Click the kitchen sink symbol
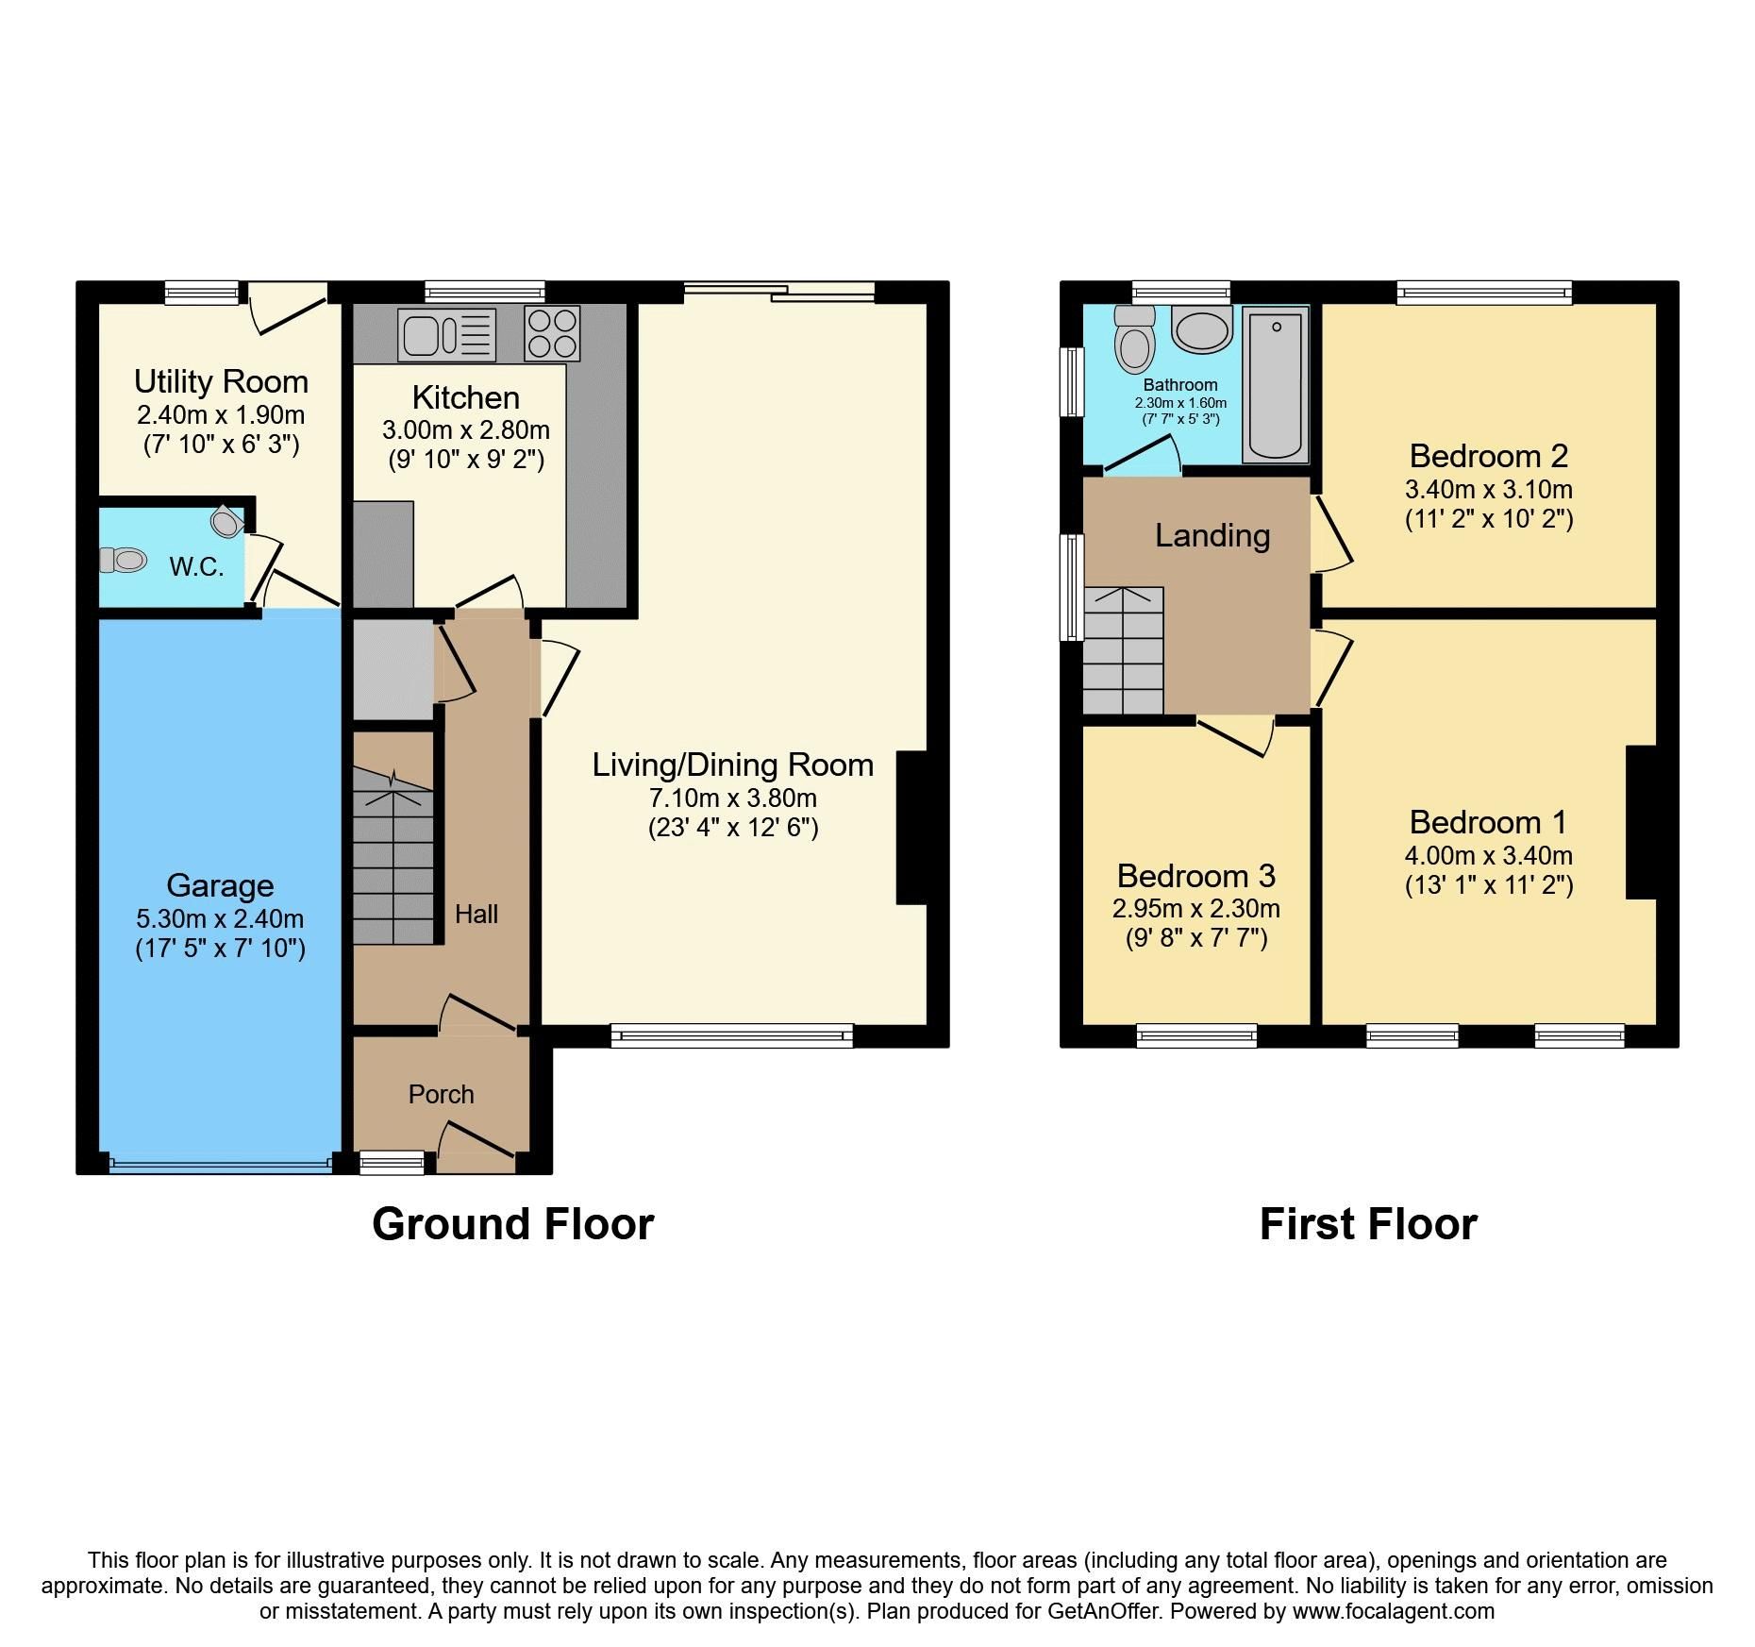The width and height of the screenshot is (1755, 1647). click(x=447, y=334)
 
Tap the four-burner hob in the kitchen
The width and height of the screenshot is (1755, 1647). click(x=552, y=333)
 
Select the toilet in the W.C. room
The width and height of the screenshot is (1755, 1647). click(x=124, y=561)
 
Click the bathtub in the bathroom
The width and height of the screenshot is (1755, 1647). click(x=1275, y=385)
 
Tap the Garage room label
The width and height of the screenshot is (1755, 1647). click(x=220, y=885)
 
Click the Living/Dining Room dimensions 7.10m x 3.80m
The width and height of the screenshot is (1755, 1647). click(x=732, y=798)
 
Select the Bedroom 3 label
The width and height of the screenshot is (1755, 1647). click(x=1195, y=876)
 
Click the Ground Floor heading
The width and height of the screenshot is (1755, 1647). click(x=512, y=1224)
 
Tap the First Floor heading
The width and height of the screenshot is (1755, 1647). click(x=1367, y=1224)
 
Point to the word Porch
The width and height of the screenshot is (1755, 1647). click(x=441, y=1094)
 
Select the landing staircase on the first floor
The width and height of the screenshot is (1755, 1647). click(x=1123, y=651)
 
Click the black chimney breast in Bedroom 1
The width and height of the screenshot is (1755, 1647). click(x=1641, y=822)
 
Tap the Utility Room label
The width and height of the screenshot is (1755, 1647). click(x=221, y=381)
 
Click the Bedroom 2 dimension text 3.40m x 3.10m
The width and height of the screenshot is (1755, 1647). click(x=1488, y=490)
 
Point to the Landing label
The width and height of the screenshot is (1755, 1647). click(x=1212, y=536)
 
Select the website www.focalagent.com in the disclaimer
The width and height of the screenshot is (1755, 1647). click(x=1393, y=1611)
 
